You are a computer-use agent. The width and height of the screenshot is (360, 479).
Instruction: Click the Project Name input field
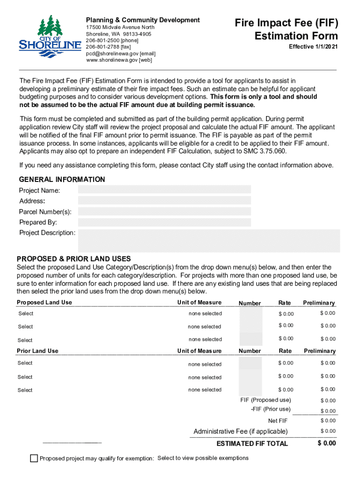click(164, 189)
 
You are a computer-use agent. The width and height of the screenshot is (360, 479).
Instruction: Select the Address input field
click(164, 200)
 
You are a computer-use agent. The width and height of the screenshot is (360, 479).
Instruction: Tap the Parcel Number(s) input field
click(164, 211)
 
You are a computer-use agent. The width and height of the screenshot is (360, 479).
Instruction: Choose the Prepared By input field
click(164, 222)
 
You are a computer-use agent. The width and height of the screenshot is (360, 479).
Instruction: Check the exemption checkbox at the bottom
click(34, 458)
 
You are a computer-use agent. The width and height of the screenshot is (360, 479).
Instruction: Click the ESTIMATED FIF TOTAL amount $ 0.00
click(326, 443)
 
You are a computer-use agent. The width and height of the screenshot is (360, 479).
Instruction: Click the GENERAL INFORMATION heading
click(62, 180)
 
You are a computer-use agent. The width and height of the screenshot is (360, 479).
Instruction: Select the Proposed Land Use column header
click(44, 303)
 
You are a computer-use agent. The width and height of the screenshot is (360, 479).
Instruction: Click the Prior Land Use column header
click(38, 351)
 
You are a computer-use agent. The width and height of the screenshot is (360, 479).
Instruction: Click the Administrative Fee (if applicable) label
click(241, 431)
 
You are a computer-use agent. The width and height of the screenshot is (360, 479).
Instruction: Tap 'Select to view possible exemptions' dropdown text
click(203, 457)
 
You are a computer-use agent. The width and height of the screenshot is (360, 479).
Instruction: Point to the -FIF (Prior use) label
click(271, 409)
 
